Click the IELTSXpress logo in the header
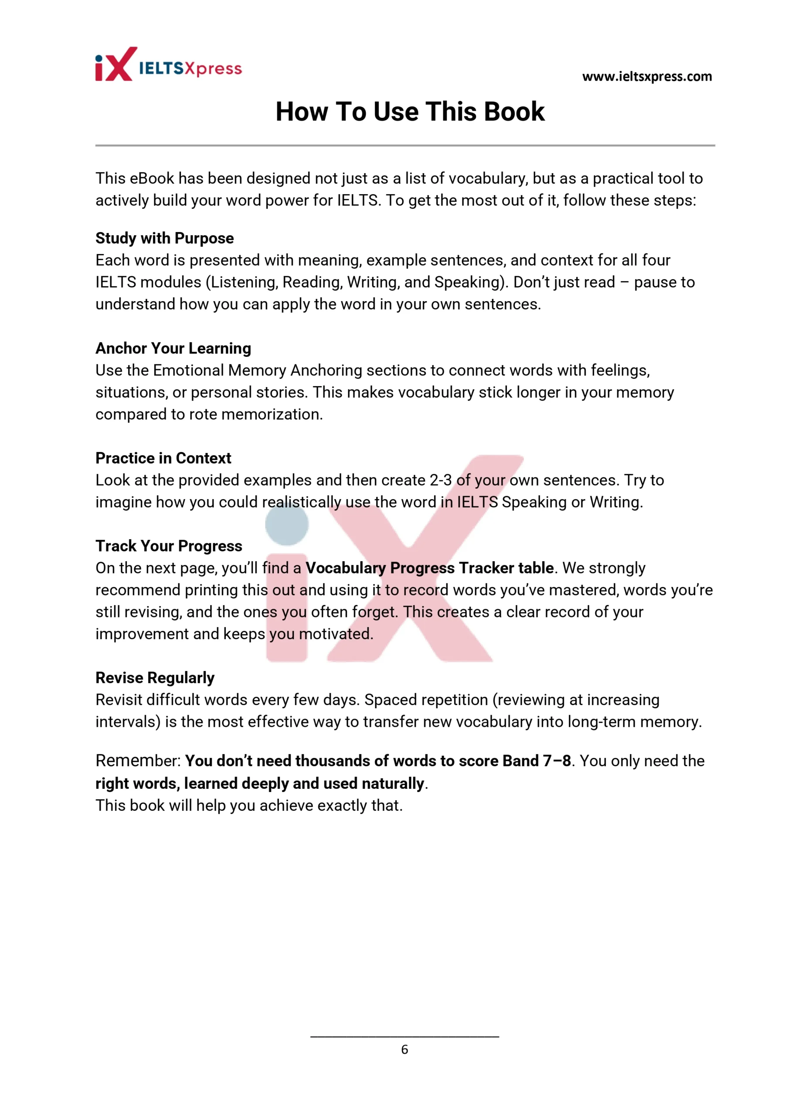(x=168, y=65)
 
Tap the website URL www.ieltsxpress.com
(x=646, y=76)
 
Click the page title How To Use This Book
(x=410, y=111)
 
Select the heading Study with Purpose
(x=164, y=238)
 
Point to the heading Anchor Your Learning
(x=173, y=348)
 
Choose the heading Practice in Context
(x=163, y=458)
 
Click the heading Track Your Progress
(x=168, y=546)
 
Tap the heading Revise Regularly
(x=155, y=678)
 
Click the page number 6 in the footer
(x=405, y=1049)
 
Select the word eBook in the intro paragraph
(x=152, y=178)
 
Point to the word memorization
(x=271, y=414)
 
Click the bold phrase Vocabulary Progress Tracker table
(x=429, y=568)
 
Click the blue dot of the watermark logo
(x=287, y=524)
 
